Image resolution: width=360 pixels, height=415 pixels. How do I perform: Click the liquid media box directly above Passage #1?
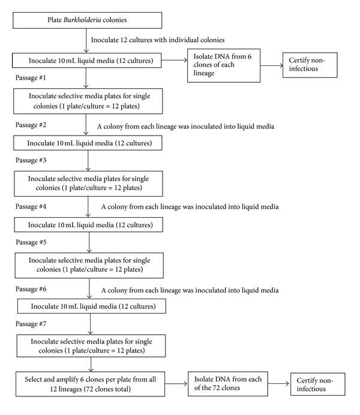(x=89, y=61)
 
